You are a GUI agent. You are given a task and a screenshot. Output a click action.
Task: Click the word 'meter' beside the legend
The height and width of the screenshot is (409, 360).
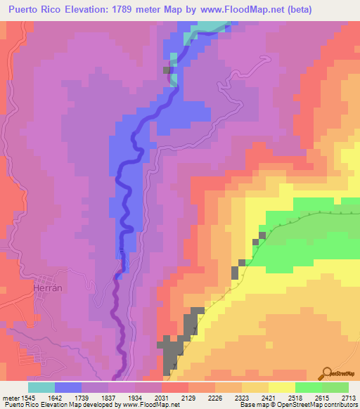(11, 397)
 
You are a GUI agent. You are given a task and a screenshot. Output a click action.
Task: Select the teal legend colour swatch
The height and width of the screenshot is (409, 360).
(41, 387)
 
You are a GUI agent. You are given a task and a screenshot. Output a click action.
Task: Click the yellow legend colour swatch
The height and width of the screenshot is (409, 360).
(281, 387)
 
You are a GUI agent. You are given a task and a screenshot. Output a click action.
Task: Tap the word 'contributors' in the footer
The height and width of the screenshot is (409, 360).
(337, 405)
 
